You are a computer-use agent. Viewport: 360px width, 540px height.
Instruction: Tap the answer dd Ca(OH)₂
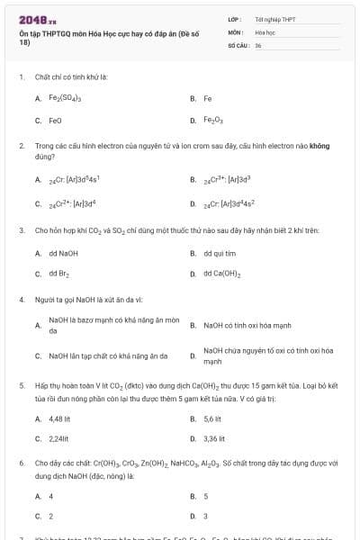coord(221,274)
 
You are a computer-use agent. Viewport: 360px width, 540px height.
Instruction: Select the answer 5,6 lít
coord(212,418)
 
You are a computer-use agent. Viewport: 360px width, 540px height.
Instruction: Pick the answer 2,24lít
coord(58,439)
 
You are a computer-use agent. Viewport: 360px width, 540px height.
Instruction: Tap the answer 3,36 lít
coord(214,439)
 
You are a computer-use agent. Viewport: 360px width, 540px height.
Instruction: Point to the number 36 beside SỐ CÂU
coord(258,44)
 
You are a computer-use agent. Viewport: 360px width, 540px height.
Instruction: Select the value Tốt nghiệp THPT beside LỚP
coord(275,19)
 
